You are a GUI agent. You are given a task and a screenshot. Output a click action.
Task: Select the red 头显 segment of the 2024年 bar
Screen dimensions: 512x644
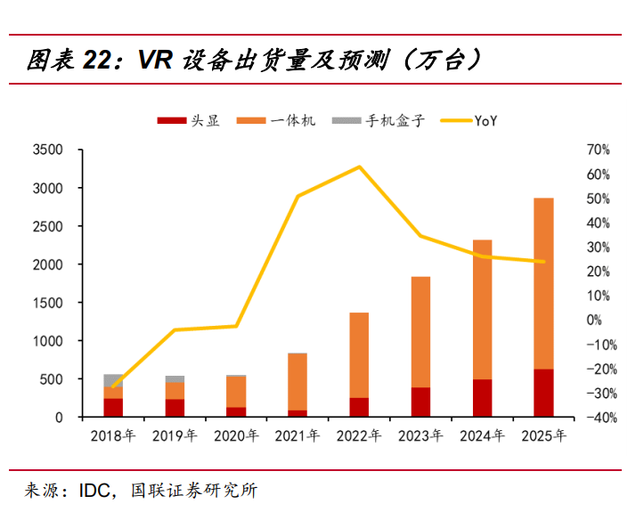click(482, 398)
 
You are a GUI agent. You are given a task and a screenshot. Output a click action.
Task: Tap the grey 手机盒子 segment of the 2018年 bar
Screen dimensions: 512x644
click(113, 380)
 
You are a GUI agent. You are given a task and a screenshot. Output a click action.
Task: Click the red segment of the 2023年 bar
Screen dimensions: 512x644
click(420, 402)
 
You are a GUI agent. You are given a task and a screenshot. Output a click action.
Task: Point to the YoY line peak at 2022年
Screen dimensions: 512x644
click(359, 167)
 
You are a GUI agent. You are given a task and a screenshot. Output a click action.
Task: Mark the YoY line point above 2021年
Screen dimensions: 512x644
click(298, 196)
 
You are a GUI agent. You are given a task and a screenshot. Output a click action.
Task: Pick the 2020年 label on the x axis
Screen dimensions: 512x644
click(237, 436)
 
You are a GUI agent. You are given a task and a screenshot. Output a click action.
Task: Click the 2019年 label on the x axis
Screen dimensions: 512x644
click(175, 436)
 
